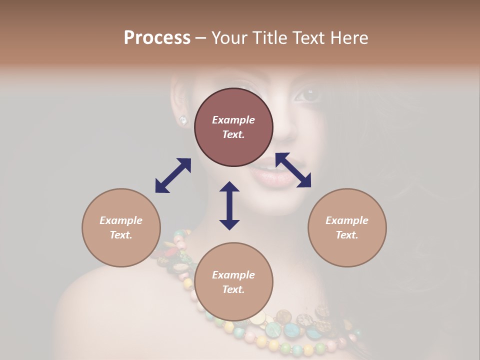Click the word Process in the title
click(x=157, y=38)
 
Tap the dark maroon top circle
click(x=233, y=127)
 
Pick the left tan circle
click(x=121, y=227)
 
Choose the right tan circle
click(x=347, y=227)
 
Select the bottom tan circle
click(x=233, y=282)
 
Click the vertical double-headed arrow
click(x=229, y=205)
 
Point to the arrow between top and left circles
click(x=173, y=175)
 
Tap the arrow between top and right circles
click(x=293, y=170)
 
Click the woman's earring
click(x=183, y=120)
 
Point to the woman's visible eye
click(x=308, y=94)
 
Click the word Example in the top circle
click(x=233, y=120)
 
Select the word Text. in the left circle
click(x=121, y=235)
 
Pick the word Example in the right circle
click(x=347, y=220)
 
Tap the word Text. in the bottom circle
click(x=233, y=289)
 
